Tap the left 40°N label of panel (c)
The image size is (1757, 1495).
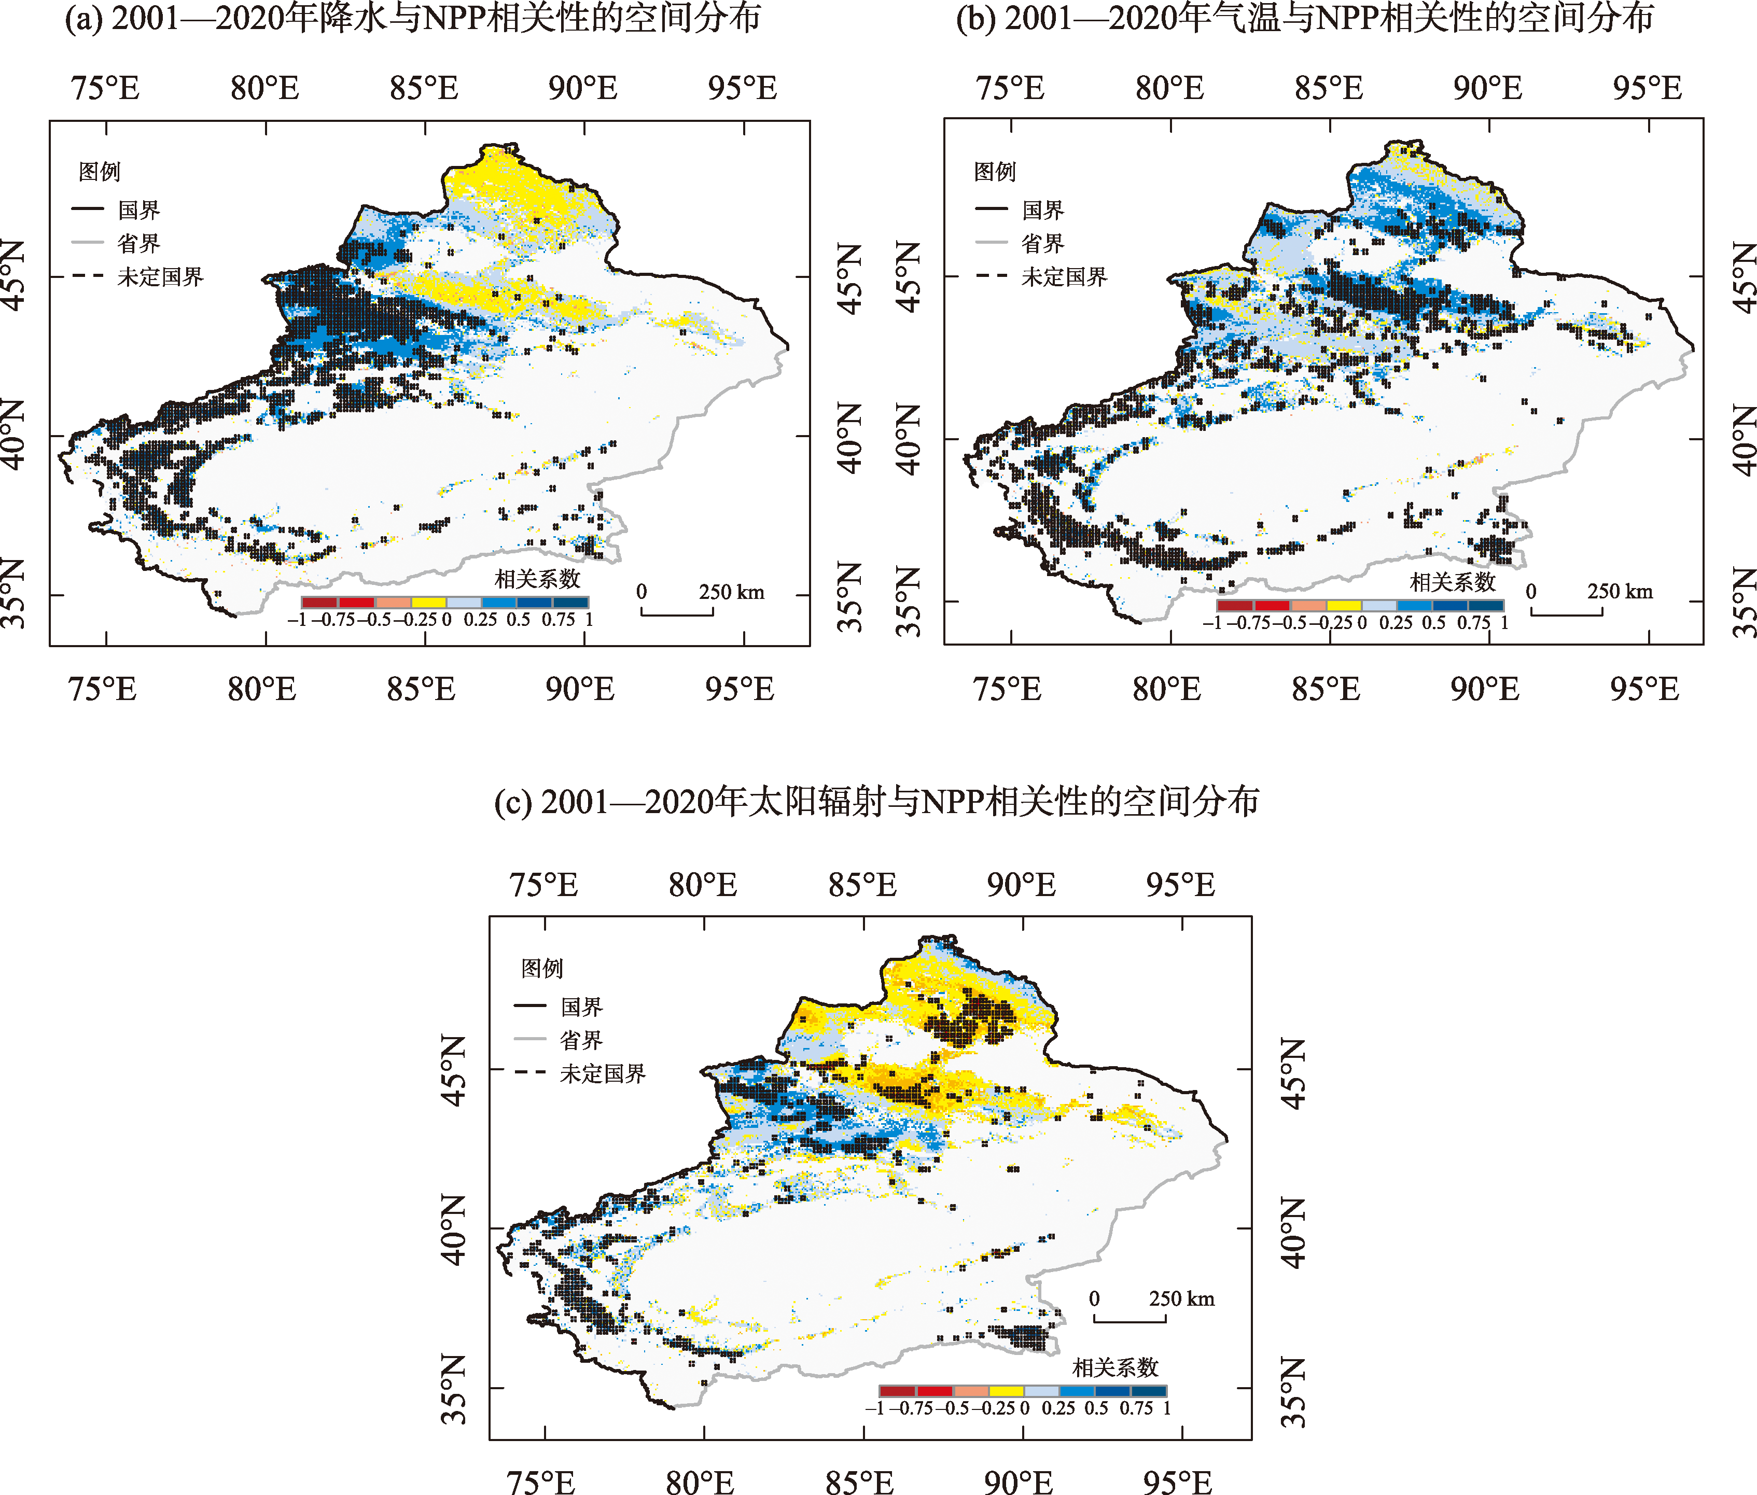coord(453,1229)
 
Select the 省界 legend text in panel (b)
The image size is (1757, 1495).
coord(1042,243)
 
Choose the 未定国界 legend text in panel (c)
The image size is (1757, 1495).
coord(603,1074)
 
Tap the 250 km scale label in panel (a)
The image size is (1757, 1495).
coord(731,592)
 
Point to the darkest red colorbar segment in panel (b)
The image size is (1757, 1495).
coord(1234,605)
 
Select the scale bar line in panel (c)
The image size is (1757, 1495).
coord(1130,1320)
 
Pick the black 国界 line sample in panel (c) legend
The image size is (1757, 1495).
coord(529,1006)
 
